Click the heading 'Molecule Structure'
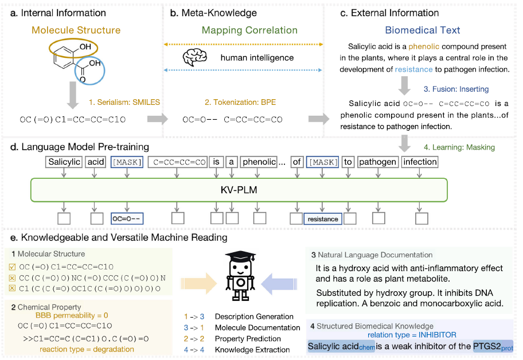pyautogui.click(x=84, y=30)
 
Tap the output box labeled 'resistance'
pyautogui.click(x=323, y=218)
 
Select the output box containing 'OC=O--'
pyautogui.click(x=127, y=218)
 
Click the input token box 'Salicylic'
pyautogui.click(x=64, y=162)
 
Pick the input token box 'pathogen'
pyautogui.click(x=377, y=162)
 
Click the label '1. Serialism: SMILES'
pyautogui.click(x=124, y=103)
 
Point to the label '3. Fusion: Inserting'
pyautogui.click(x=456, y=89)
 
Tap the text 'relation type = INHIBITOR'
pyautogui.click(x=412, y=334)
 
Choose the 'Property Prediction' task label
pyautogui.click(x=248, y=338)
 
